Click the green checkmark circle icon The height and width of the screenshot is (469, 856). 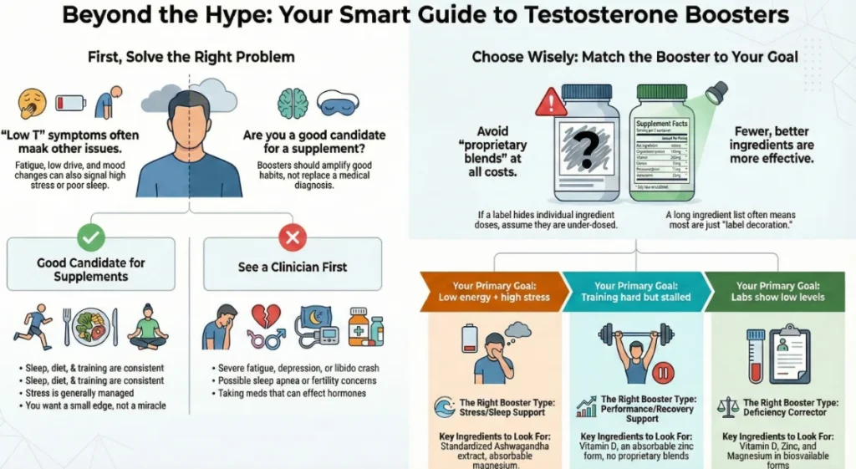tap(90, 238)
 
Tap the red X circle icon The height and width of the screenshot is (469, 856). tap(292, 239)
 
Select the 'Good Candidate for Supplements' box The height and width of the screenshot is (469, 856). tap(90, 268)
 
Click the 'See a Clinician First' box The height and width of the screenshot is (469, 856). tap(292, 268)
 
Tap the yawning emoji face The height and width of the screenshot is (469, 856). tap(31, 103)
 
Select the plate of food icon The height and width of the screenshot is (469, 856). tap(90, 328)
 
